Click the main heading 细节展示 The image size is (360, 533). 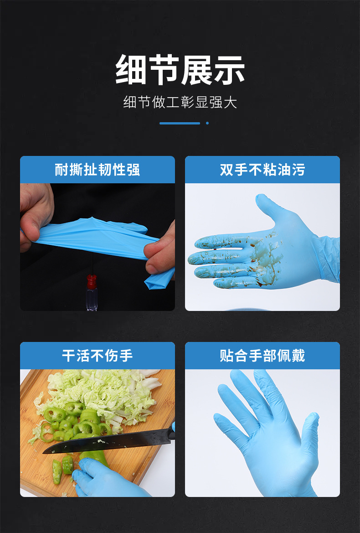pos(180,70)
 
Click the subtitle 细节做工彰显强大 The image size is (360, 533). pos(180,102)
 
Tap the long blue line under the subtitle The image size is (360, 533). pos(180,123)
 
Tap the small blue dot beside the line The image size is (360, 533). pos(207,123)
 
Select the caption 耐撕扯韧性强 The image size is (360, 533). pos(97,170)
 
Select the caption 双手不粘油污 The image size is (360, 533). pos(262,170)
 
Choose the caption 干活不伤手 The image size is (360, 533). pos(97,356)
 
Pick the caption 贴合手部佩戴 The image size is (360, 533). pos(262,356)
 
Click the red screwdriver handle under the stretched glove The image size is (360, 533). pos(92,281)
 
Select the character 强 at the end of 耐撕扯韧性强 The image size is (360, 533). pos(133,170)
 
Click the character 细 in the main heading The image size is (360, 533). pos(131,70)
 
